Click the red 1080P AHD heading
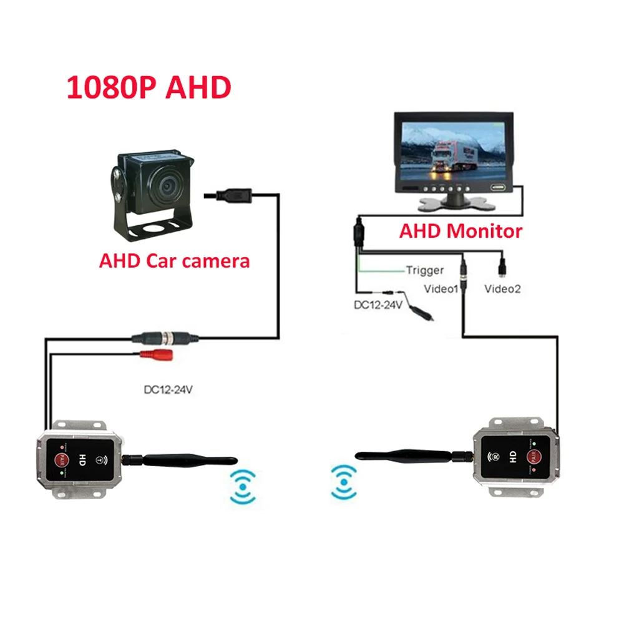[149, 88]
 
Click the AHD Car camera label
[174, 260]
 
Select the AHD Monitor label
[461, 232]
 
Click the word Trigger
[425, 270]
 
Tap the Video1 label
[441, 289]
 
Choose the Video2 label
[502, 289]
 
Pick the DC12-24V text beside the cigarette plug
[378, 306]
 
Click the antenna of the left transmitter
[181, 461]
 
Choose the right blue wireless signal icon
[343, 481]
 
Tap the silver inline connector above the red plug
[166, 338]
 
